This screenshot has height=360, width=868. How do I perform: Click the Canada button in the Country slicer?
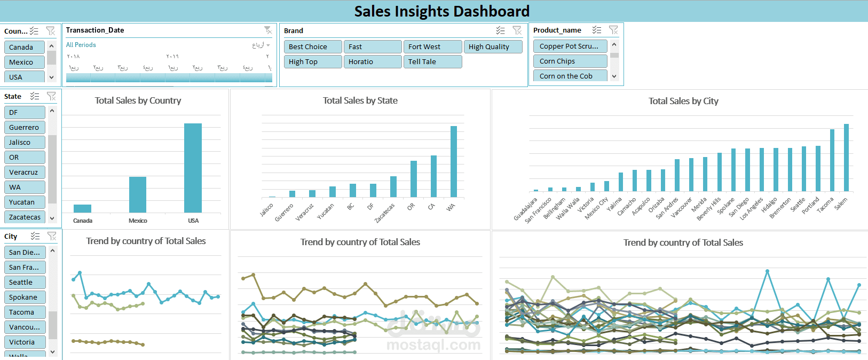pyautogui.click(x=24, y=47)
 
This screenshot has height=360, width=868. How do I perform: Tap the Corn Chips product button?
pyautogui.click(x=570, y=61)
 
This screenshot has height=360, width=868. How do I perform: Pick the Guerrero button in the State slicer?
pyautogui.click(x=25, y=128)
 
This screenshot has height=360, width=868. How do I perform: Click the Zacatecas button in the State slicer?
pyautogui.click(x=25, y=217)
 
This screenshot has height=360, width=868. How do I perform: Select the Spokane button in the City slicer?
pyautogui.click(x=25, y=298)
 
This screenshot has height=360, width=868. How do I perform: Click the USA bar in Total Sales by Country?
pyautogui.click(x=193, y=168)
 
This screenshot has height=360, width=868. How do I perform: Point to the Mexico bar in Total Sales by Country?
pyautogui.click(x=138, y=194)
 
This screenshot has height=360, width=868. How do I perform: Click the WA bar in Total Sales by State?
pyautogui.click(x=454, y=161)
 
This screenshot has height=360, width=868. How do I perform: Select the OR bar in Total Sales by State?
pyautogui.click(x=414, y=178)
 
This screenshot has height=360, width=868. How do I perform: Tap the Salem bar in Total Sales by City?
pyautogui.click(x=846, y=157)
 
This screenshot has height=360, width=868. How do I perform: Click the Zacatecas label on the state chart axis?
pyautogui.click(x=385, y=213)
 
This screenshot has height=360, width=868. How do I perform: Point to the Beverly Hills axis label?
pyautogui.click(x=708, y=209)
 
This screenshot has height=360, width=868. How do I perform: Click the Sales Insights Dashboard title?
pyautogui.click(x=441, y=11)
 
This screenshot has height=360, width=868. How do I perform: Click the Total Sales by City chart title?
pyautogui.click(x=683, y=101)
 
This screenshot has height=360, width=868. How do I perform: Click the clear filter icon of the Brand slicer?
pyautogui.click(x=517, y=30)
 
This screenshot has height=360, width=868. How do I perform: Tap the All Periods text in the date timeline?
pyautogui.click(x=81, y=45)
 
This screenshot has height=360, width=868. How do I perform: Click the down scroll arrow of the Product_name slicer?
pyautogui.click(x=614, y=76)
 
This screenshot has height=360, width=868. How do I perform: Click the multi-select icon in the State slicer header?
pyautogui.click(x=35, y=96)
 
